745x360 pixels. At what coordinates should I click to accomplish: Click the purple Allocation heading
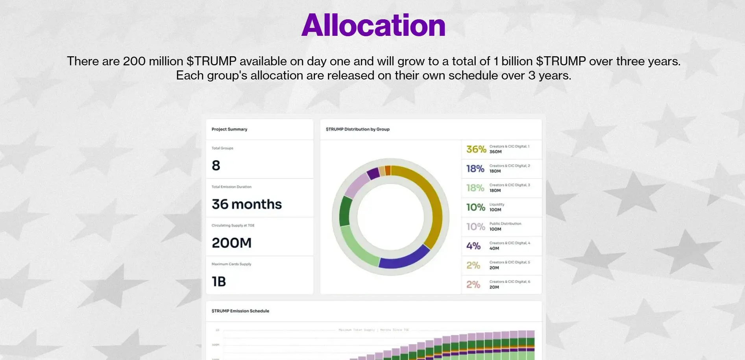[373, 26]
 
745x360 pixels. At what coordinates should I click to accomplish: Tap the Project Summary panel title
[229, 129]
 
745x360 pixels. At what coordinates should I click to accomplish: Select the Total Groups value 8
[216, 166]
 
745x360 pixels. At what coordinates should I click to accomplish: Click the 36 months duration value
[247, 204]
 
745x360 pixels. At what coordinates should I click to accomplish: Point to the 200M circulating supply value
[231, 243]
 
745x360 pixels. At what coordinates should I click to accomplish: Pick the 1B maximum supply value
[219, 282]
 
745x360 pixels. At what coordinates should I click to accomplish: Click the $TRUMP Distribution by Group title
[357, 129]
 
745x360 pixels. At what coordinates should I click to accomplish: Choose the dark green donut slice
[345, 211]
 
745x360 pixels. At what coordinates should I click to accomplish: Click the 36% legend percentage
[476, 150]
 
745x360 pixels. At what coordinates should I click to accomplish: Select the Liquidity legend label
[497, 205]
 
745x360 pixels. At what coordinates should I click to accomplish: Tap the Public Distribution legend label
[505, 224]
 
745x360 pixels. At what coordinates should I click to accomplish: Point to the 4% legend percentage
[473, 246]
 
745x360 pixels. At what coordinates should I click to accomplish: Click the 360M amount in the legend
[495, 152]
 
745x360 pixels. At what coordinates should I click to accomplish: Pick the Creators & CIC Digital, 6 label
[510, 282]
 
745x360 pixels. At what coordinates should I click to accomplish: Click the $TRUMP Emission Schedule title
[240, 311]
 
